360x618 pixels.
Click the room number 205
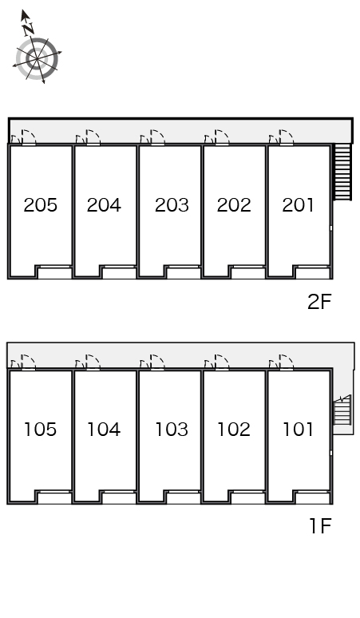click(x=40, y=205)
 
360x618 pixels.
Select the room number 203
click(x=172, y=205)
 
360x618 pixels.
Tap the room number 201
click(x=299, y=205)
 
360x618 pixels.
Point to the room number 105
click(x=40, y=430)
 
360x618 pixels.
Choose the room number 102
click(x=234, y=430)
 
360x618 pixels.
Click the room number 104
click(x=104, y=430)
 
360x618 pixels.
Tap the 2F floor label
click(x=319, y=302)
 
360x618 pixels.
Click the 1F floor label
click(x=321, y=525)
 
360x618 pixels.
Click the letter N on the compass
click(x=27, y=29)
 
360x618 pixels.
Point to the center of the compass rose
click(x=37, y=59)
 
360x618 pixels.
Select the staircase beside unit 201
click(x=342, y=172)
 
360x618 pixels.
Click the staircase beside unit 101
click(x=342, y=410)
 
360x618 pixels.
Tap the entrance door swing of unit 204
click(x=93, y=137)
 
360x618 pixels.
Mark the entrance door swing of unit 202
click(x=222, y=137)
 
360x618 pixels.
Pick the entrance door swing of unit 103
click(x=157, y=362)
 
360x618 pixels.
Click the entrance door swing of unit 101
click(x=287, y=362)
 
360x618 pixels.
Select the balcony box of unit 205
click(x=55, y=273)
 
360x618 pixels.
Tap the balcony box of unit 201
click(x=313, y=273)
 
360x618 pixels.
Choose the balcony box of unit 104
click(x=120, y=497)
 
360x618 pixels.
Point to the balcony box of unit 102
click(x=248, y=497)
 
